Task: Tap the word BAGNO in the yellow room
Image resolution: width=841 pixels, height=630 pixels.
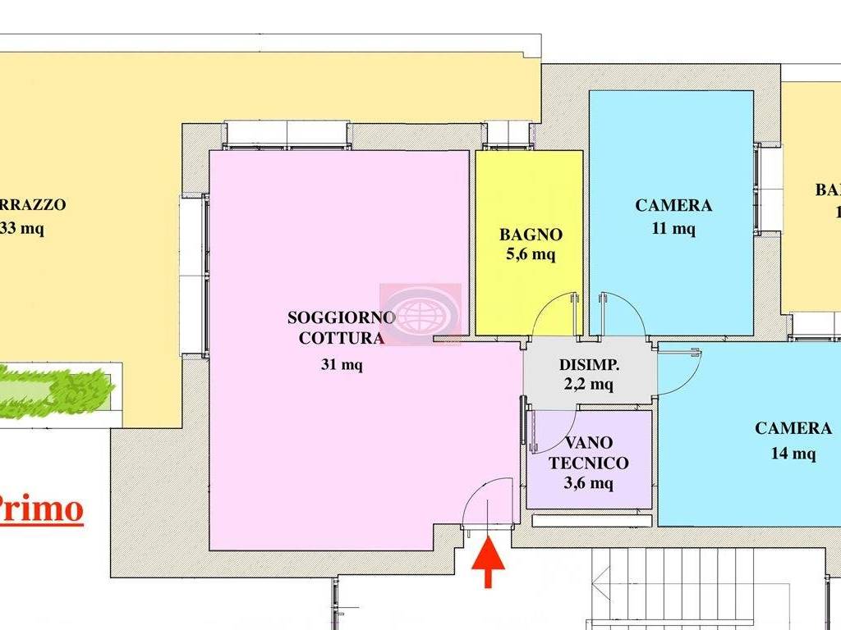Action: coord(531,235)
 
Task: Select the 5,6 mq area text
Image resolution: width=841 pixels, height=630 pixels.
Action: coord(531,254)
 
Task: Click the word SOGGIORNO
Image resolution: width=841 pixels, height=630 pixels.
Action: coord(342,317)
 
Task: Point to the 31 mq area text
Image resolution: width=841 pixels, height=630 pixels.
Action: coord(342,364)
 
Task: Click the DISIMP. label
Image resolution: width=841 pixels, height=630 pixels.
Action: coord(589,364)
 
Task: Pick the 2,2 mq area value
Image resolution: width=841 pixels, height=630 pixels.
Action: coord(589,384)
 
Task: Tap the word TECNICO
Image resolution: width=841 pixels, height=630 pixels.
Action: coord(589,463)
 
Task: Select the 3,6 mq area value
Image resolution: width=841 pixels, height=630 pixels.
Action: coord(589,483)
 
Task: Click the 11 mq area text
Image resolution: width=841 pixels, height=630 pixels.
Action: coord(673,229)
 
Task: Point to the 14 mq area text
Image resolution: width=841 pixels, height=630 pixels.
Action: coord(793,452)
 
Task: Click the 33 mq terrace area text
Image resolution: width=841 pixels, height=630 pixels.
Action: coord(23,229)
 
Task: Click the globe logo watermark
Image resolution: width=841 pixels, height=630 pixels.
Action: coord(420,314)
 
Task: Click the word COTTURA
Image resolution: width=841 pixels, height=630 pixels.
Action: coord(342,337)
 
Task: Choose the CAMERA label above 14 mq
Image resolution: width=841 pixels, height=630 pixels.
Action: coord(793,428)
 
